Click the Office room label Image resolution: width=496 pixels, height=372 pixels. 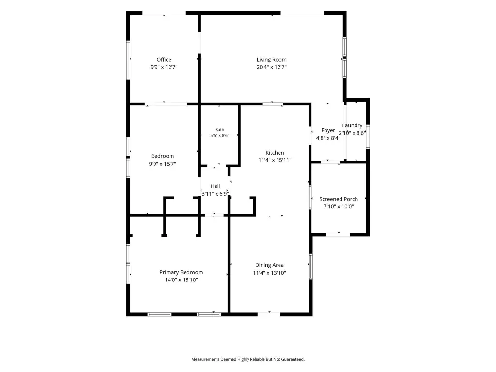[164, 60]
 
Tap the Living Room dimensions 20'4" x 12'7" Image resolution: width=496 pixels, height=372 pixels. [271, 67]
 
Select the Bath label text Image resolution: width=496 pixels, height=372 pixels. [219, 130]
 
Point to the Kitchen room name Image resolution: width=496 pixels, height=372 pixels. [275, 153]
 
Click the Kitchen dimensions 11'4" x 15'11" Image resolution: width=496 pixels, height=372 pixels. [275, 160]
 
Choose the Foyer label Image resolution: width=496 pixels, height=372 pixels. [328, 130]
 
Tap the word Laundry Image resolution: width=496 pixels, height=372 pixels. [352, 125]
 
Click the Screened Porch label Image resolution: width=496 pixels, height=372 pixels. [339, 199]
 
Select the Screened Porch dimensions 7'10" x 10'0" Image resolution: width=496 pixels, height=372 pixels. [339, 206]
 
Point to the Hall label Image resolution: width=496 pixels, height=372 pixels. [215, 186]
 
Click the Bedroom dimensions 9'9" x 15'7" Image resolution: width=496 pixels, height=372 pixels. [162, 164]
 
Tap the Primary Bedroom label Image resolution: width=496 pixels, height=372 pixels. [181, 272]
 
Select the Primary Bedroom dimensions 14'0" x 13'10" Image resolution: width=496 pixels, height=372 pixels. [181, 280]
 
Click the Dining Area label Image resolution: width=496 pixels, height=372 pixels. [269, 265]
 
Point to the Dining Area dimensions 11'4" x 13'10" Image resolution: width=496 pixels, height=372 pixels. [269, 273]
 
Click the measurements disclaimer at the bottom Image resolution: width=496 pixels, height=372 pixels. [248, 359]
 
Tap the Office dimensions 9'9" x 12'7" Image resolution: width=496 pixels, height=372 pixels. [164, 67]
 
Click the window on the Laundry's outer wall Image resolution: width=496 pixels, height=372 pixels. [368, 137]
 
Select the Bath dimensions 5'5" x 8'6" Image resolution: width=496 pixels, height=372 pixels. [219, 136]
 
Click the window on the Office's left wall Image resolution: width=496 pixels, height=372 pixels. [128, 60]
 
